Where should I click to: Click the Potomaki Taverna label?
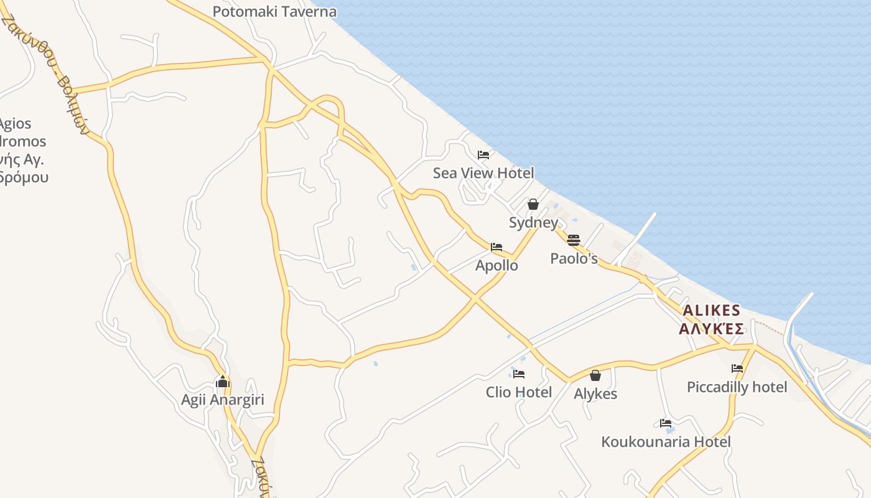[274, 12]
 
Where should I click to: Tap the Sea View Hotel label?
[483, 173]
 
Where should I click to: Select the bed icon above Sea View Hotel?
[483, 155]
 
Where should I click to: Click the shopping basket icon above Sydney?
[533, 204]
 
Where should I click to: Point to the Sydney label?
[533, 223]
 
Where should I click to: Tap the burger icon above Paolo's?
[574, 240]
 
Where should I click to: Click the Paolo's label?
[574, 258]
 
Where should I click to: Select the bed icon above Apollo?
[496, 247]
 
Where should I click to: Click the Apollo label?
[496, 266]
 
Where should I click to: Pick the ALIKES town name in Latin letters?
[712, 311]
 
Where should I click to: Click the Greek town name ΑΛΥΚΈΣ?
[712, 329]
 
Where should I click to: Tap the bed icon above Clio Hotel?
[519, 374]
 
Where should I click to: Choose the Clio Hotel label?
[519, 392]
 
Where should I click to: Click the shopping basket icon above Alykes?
[595, 375]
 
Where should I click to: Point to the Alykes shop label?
[595, 394]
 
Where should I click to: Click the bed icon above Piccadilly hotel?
[737, 369]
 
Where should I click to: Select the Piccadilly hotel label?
[737, 387]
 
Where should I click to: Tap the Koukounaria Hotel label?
[666, 442]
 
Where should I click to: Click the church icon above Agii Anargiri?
[223, 382]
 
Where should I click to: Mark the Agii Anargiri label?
[223, 400]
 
